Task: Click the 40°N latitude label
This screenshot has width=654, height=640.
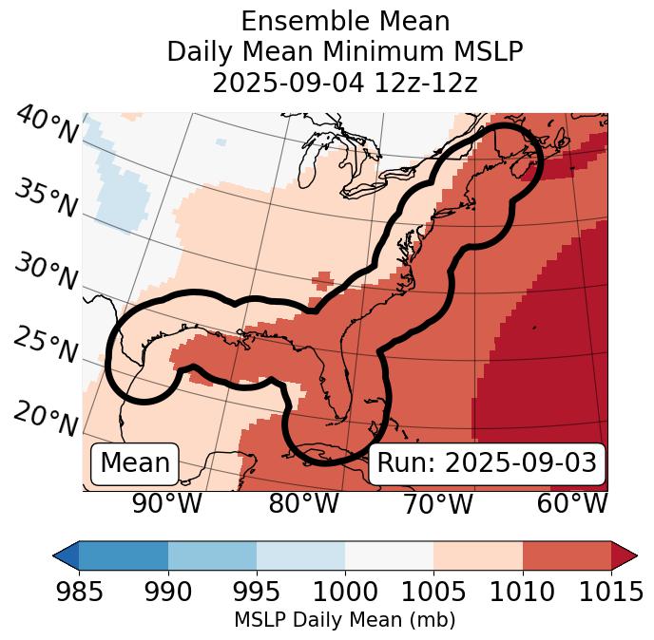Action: pyautogui.click(x=47, y=125)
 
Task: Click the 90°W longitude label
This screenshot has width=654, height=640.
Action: pyautogui.click(x=167, y=503)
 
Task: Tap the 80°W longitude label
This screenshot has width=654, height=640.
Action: pyautogui.click(x=303, y=503)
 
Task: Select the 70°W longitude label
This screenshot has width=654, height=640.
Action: pyautogui.click(x=437, y=503)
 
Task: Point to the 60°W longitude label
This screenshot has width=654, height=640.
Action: pyautogui.click(x=572, y=503)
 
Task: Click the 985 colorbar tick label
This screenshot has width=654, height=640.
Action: pyautogui.click(x=79, y=593)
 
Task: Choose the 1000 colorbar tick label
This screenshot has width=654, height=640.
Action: pyautogui.click(x=345, y=593)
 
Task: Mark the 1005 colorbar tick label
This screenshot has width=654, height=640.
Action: pyautogui.click(x=433, y=593)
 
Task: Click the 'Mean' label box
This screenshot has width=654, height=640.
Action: pyautogui.click(x=135, y=463)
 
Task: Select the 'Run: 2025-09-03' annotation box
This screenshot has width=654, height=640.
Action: pyautogui.click(x=487, y=463)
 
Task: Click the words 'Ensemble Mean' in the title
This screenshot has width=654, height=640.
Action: pyautogui.click(x=345, y=21)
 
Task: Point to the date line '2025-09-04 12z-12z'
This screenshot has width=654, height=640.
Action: pyautogui.click(x=345, y=83)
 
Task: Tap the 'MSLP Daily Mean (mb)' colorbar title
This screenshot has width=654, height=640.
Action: pyautogui.click(x=345, y=621)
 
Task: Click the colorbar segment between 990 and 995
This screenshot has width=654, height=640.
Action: pyautogui.click(x=212, y=555)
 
